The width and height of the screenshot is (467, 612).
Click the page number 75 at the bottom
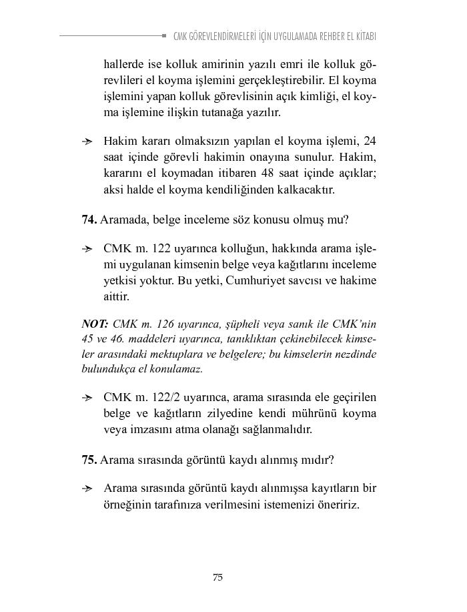pyautogui.click(x=217, y=578)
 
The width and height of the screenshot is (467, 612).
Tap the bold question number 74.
pyautogui.click(x=89, y=219)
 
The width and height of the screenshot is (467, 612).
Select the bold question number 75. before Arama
pyautogui.click(x=89, y=460)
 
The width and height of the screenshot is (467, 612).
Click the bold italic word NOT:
pyautogui.click(x=95, y=324)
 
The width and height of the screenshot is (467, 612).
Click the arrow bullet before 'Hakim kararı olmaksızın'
pyautogui.click(x=87, y=141)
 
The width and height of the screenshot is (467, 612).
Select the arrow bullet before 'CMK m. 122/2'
pyautogui.click(x=87, y=397)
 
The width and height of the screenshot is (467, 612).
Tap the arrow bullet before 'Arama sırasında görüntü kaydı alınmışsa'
pyautogui.click(x=87, y=489)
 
